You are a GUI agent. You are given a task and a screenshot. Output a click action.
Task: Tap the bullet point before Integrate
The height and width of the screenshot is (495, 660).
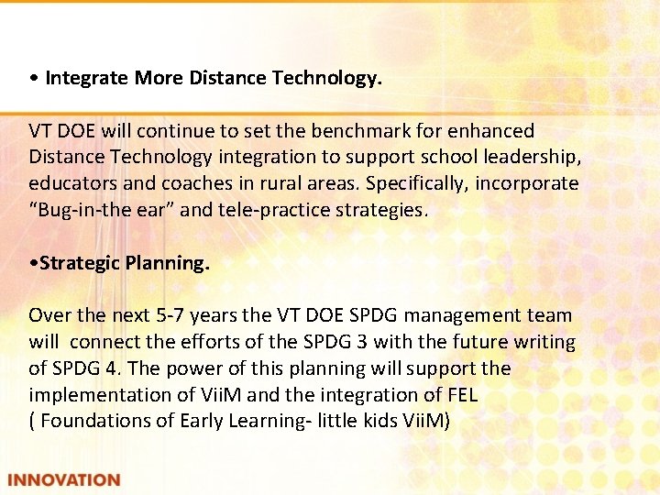(33, 79)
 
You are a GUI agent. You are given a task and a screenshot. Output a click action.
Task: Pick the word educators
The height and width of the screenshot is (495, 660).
(69, 183)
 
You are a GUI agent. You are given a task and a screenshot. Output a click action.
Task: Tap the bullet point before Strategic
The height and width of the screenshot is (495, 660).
(33, 263)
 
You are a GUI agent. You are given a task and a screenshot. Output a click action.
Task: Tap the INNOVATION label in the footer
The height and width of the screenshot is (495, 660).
(64, 479)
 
